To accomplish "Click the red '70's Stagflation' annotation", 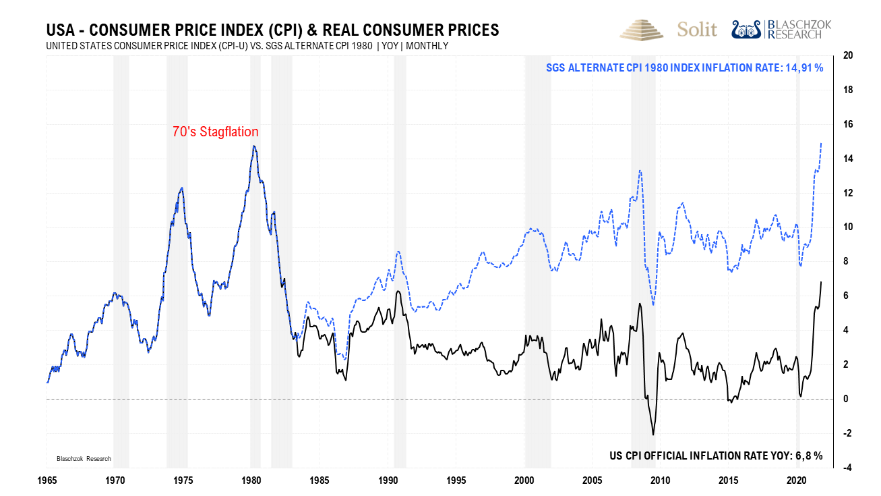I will tap(215, 132).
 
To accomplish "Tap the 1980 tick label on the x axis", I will tap(251, 480).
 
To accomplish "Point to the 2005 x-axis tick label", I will tap(593, 480).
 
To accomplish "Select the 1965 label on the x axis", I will tap(47, 480).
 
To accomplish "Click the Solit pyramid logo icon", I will tap(642, 30).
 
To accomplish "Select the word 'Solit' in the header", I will tap(697, 30).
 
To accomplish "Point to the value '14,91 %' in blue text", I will tap(803, 68).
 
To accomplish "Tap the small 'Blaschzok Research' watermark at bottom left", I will tap(83, 459).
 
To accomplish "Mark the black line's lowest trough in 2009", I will tap(653, 434).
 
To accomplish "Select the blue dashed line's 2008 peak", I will tap(640, 170).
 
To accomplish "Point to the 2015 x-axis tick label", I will tap(729, 480).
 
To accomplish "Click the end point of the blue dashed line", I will tap(821, 143).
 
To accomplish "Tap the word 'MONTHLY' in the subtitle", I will tap(427, 46).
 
